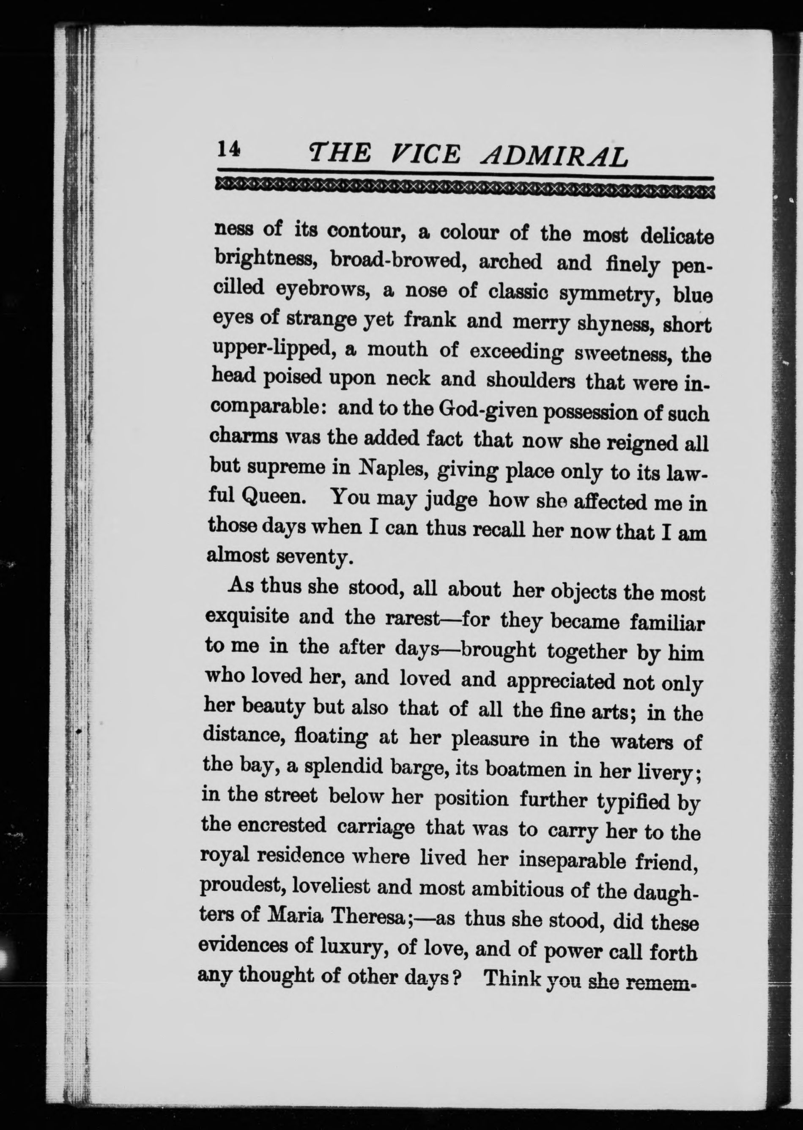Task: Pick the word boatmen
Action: click(x=520, y=770)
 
